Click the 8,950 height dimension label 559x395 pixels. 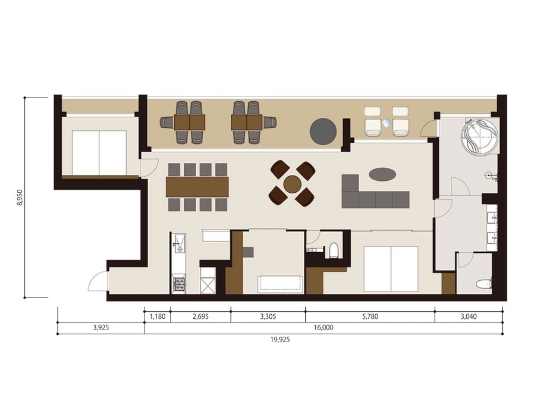[20, 197]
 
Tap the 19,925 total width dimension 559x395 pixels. [280, 340]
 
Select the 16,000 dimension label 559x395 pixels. [324, 328]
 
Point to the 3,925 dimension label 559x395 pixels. [101, 328]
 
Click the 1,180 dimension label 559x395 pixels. [157, 316]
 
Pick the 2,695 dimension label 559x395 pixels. [200, 316]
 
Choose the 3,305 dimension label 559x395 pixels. [268, 316]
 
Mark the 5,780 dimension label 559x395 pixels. [370, 316]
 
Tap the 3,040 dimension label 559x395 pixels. [469, 316]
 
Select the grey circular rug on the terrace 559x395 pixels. [323, 132]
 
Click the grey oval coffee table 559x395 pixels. [382, 175]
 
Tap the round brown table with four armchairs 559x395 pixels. [293, 184]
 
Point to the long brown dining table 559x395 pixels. [197, 187]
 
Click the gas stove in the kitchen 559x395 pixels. [178, 284]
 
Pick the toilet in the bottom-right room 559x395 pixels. [484, 284]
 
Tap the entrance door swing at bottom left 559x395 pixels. [98, 281]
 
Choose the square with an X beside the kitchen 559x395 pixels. [208, 286]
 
